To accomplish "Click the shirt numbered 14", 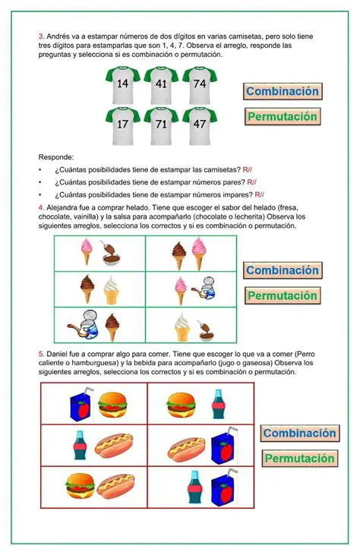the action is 123,85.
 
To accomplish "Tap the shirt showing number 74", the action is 199,85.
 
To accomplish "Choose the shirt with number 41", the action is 161,85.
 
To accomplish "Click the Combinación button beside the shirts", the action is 282,91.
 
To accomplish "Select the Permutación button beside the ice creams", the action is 282,295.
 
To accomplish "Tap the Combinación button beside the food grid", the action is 298,434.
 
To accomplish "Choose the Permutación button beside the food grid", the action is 298,459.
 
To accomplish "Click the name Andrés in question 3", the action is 58,36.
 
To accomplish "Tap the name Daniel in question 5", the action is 59,355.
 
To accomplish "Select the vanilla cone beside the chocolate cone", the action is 112,290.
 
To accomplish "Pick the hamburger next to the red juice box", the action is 112,402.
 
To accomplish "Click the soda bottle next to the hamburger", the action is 218,404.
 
